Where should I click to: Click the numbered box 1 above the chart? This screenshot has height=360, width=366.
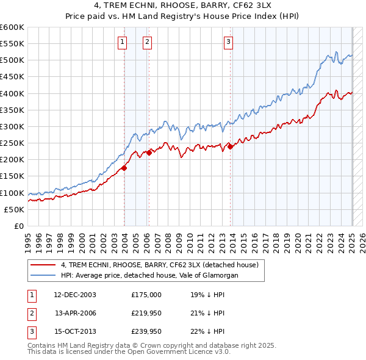point(123,42)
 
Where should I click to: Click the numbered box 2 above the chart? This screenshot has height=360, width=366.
point(148,42)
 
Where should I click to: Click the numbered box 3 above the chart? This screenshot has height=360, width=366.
point(228,42)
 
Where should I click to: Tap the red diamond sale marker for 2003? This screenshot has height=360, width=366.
point(124,168)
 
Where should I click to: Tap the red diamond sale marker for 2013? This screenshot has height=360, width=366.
point(230,146)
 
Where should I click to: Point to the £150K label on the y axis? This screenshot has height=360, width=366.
point(12,176)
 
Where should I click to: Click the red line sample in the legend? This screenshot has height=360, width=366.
point(43,265)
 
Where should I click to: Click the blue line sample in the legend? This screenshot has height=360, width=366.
point(43,275)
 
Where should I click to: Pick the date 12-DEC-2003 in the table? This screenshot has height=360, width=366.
point(74,294)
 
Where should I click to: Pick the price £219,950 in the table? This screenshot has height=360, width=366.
point(146,313)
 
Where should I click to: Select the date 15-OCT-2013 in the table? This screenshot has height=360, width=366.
point(74,332)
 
